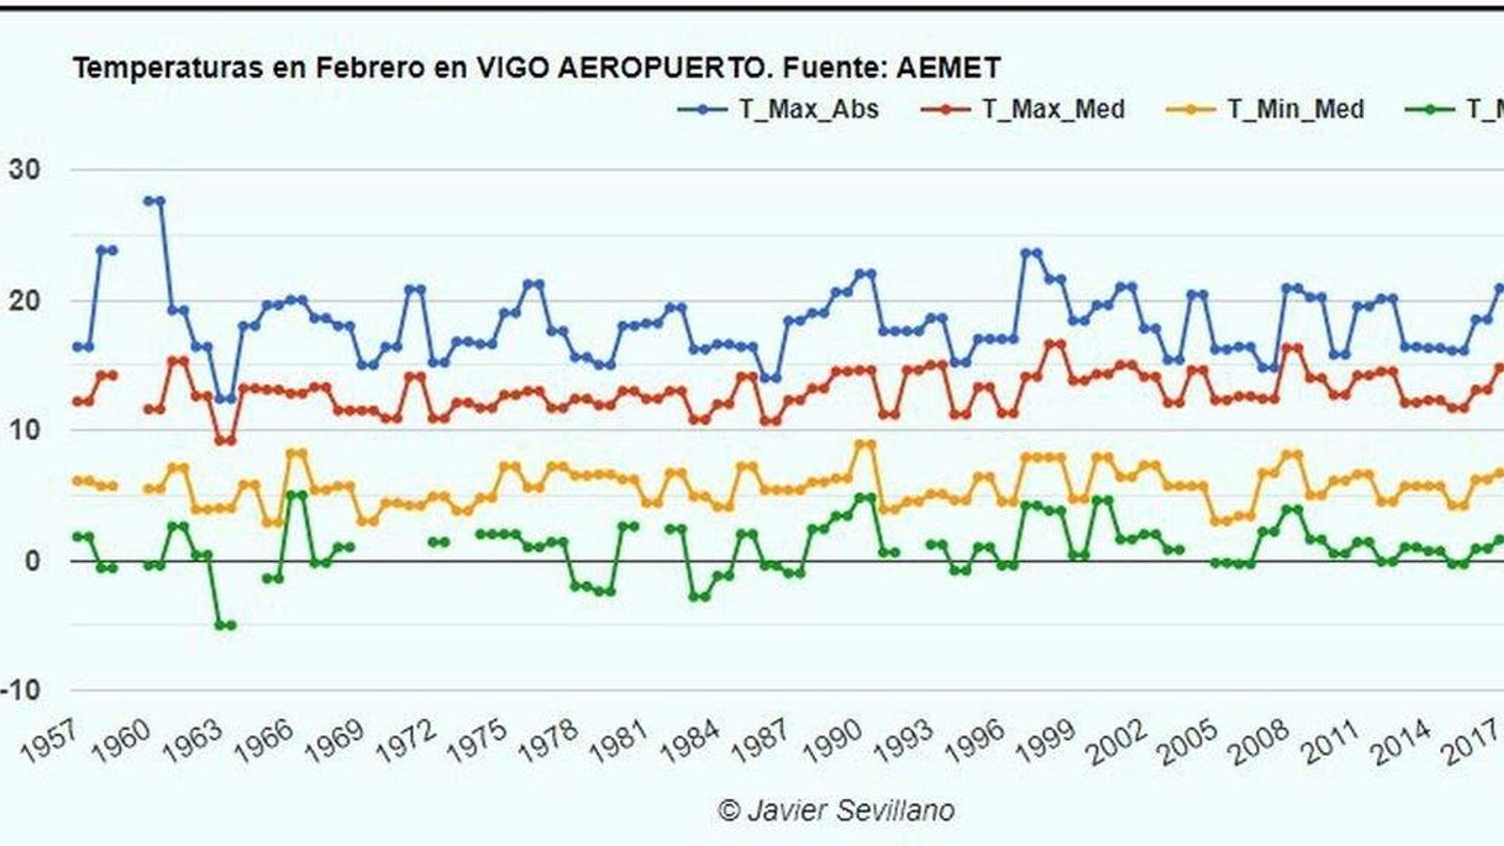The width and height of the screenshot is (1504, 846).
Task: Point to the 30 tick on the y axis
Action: tap(24, 170)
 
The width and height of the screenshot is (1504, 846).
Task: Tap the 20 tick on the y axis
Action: tap(24, 301)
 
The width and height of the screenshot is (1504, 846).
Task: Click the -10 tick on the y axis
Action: tap(21, 690)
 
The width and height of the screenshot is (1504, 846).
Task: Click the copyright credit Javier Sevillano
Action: tap(837, 810)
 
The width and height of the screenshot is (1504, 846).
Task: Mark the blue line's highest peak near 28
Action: tap(154, 200)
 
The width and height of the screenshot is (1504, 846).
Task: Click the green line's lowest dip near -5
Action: tap(225, 625)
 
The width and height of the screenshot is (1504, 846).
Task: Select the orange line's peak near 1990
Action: tap(865, 445)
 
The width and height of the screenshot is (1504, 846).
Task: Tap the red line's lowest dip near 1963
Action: tap(225, 440)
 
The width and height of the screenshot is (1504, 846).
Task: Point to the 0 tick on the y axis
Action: tap(33, 561)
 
